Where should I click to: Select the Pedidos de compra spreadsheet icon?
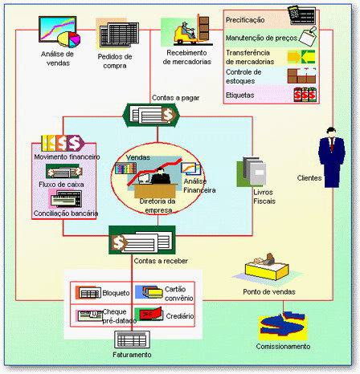coord(118,35)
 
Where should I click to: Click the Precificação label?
coord(245,20)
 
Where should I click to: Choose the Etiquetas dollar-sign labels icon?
coord(305,95)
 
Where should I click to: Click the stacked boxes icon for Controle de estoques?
coord(302,75)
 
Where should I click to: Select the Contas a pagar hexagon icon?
coord(151,115)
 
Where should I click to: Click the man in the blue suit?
coord(332,157)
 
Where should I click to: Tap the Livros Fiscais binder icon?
coord(252,172)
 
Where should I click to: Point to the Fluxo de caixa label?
coord(61,185)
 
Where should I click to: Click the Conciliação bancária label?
coord(66,213)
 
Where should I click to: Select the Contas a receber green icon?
coord(142,240)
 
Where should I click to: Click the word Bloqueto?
coord(116,293)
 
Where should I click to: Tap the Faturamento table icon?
coord(132,339)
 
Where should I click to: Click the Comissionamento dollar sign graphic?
coord(283,326)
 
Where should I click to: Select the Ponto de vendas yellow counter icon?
coord(267,266)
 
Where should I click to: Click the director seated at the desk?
coord(161,177)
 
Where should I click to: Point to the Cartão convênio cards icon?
coord(149,292)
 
